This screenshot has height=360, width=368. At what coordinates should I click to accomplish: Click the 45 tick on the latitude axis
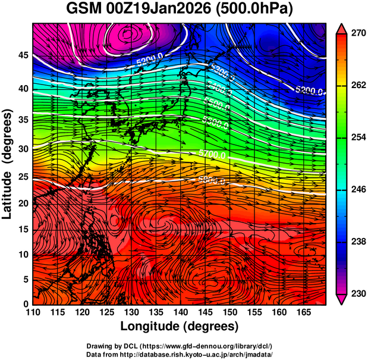pyautogui.click(x=23, y=55)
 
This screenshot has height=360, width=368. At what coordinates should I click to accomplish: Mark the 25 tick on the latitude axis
pyautogui.click(x=23, y=177)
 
